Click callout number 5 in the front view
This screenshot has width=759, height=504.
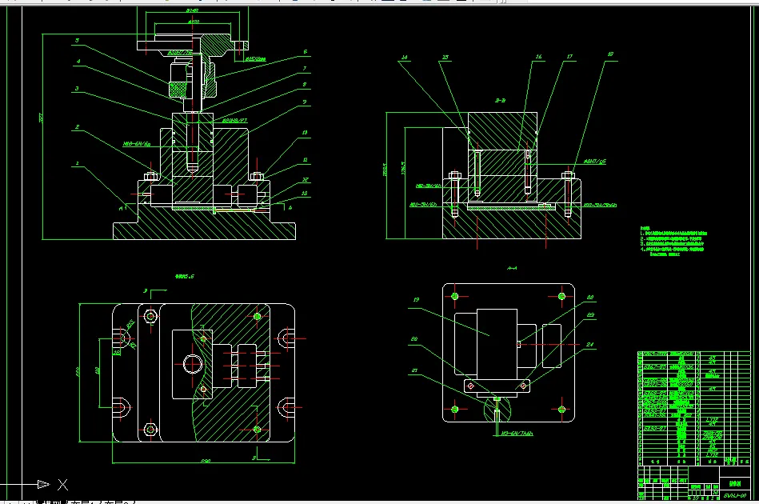(77, 40)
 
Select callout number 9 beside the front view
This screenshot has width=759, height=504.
(305, 102)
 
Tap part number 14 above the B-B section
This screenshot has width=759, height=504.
(405, 58)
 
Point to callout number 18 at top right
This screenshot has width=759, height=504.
(610, 54)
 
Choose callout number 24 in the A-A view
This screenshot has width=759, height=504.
(591, 346)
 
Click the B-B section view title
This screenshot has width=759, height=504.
(500, 101)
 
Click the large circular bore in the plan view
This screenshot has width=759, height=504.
(193, 364)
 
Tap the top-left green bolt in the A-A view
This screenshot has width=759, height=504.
(455, 296)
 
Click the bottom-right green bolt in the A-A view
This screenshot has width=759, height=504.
(562, 410)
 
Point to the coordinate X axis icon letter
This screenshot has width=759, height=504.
(62, 484)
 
